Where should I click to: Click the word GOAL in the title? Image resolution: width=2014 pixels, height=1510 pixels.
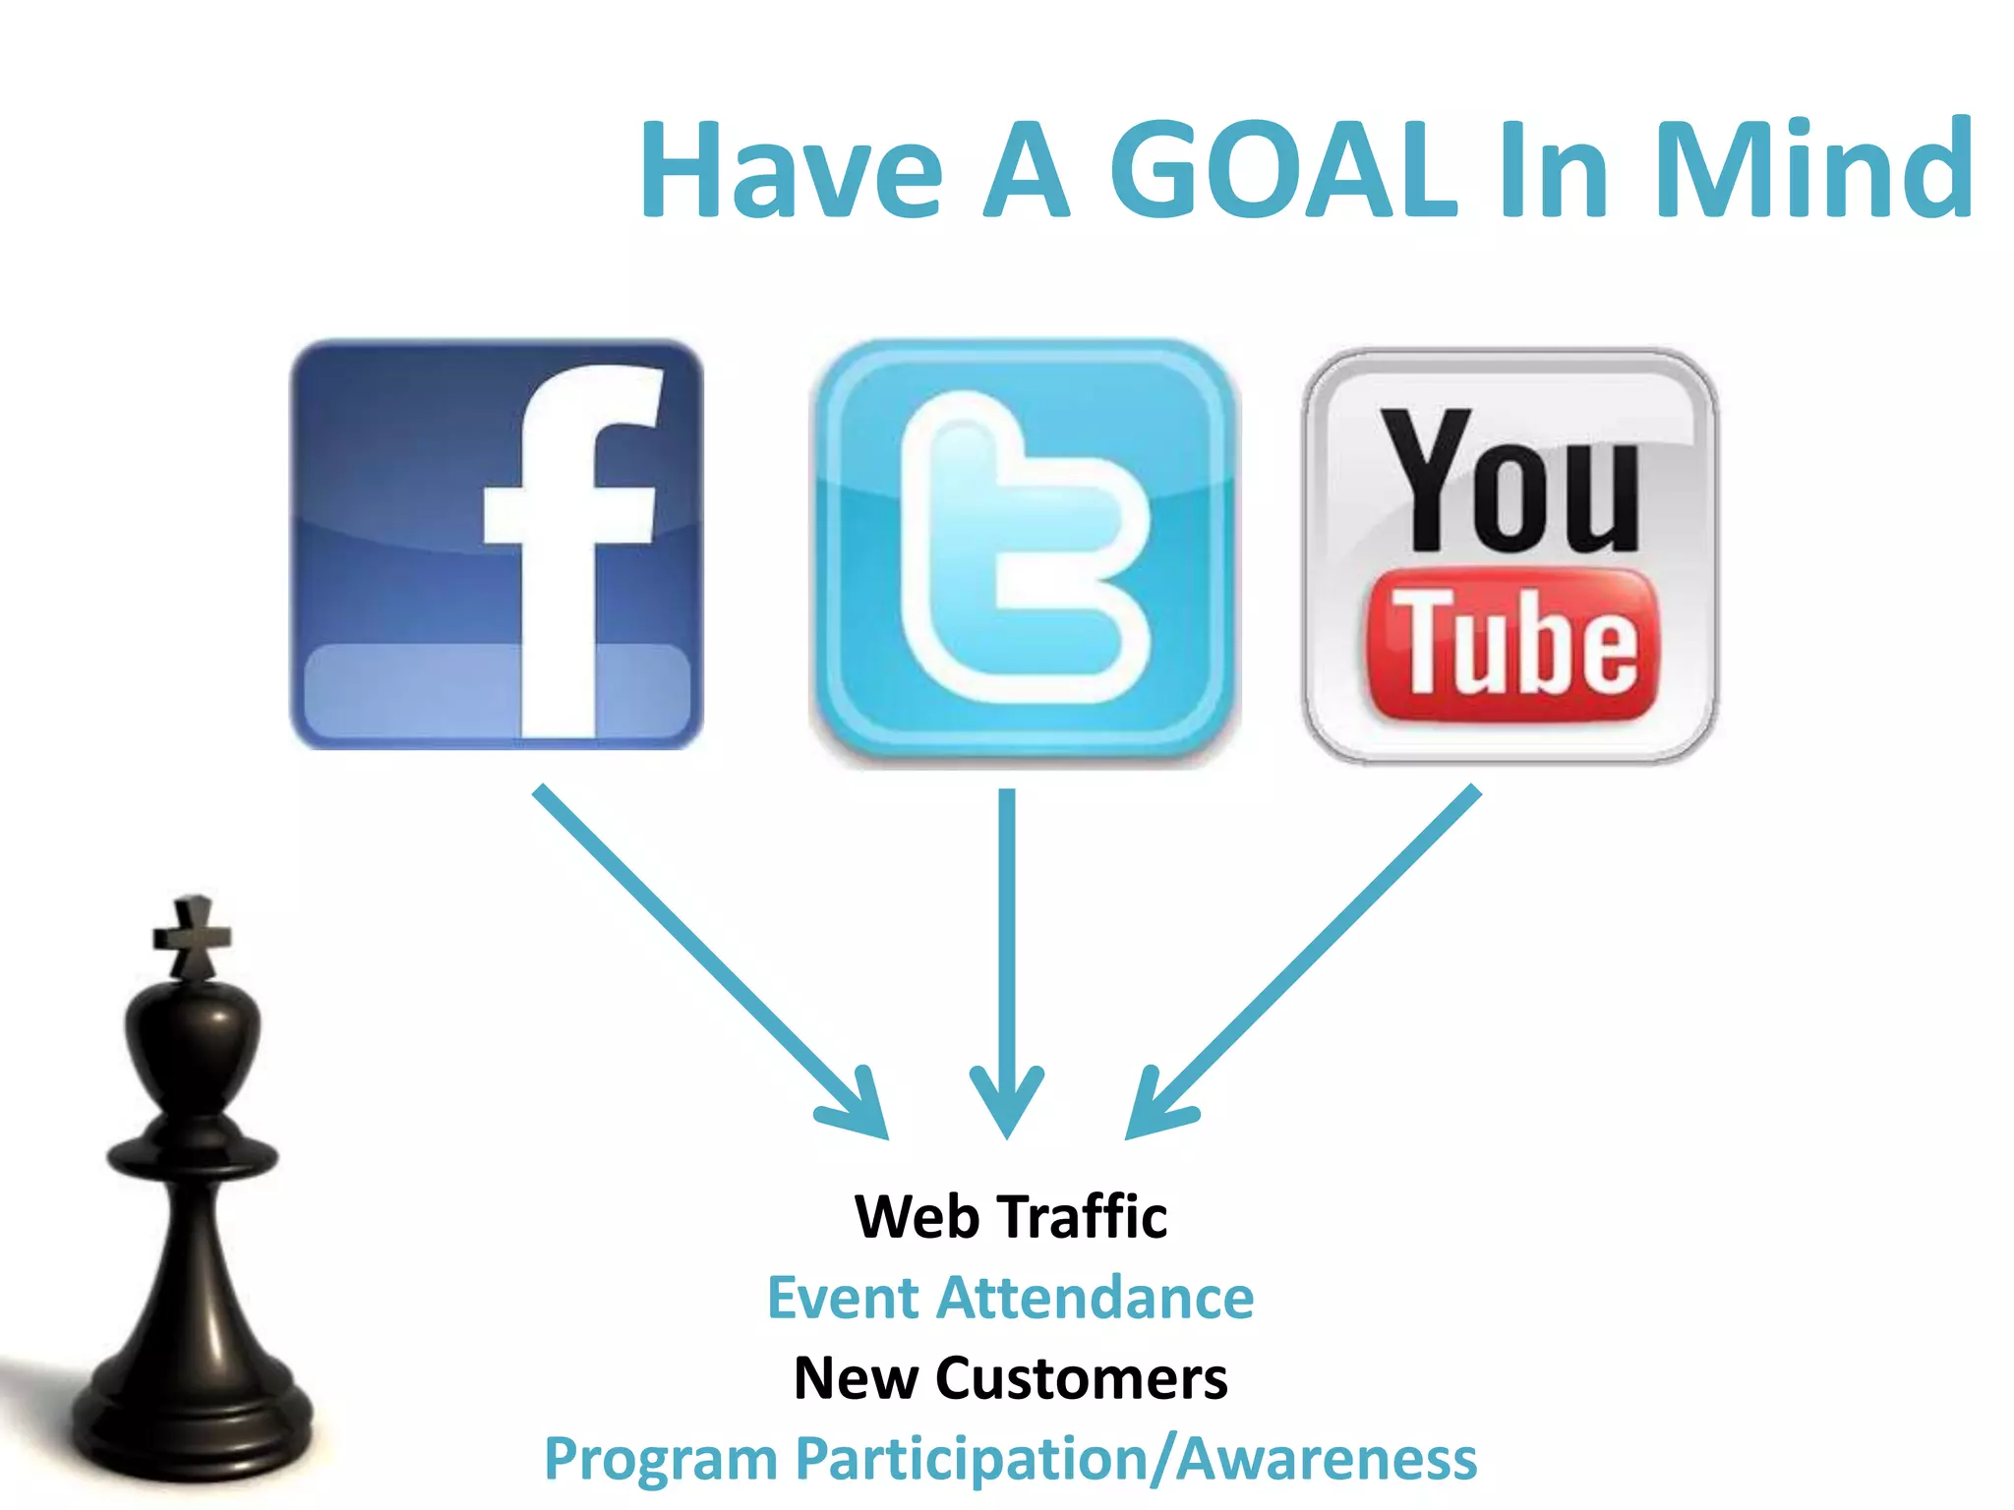pos(1282,169)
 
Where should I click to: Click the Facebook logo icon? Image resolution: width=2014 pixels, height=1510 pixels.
pos(497,545)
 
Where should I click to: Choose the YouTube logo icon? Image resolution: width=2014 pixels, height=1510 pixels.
pos(1510,556)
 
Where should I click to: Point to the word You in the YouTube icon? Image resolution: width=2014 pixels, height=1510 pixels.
pos(1510,482)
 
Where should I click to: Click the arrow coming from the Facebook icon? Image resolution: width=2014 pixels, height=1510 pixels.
pos(708,959)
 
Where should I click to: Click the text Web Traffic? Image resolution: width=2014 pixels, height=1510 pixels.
pos(1011,1217)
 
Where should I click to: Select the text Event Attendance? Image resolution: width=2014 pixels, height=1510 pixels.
pos(1011,1298)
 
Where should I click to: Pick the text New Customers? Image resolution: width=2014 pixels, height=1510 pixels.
pos(1011,1378)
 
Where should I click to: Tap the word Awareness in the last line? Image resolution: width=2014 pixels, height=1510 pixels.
pos(1328,1459)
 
